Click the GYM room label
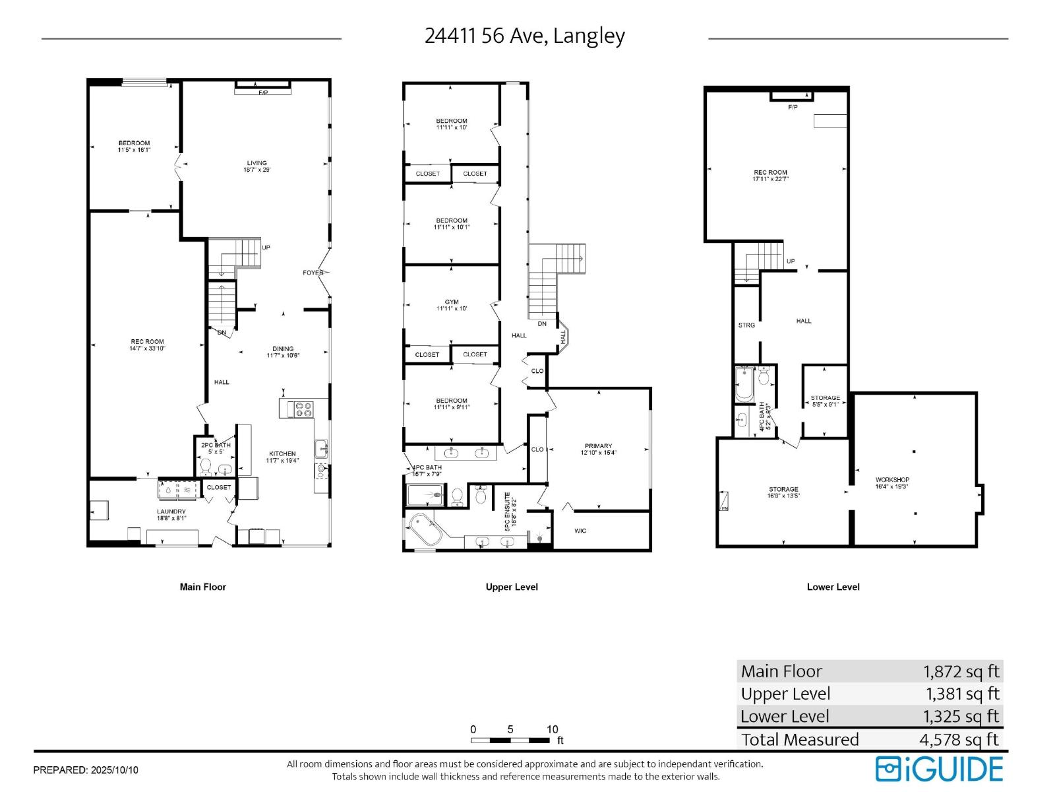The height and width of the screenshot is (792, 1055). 452,302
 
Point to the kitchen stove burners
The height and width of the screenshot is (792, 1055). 303,409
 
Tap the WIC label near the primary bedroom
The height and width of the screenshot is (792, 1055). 580,531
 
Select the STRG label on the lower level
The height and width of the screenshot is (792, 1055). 746,325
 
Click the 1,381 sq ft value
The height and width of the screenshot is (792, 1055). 962,694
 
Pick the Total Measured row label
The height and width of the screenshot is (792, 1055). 800,739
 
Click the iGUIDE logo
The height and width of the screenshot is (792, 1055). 939,769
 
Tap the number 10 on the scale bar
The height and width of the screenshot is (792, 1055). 552,729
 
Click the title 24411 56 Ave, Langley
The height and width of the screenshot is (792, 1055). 524,36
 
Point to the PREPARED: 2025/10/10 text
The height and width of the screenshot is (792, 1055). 86,770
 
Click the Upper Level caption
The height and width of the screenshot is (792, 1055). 512,587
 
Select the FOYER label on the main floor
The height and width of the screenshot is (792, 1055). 313,273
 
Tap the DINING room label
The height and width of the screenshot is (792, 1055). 283,349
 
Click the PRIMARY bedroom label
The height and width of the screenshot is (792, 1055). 598,446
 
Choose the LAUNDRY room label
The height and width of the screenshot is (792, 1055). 171,511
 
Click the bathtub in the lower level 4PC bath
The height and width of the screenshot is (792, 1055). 744,385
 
